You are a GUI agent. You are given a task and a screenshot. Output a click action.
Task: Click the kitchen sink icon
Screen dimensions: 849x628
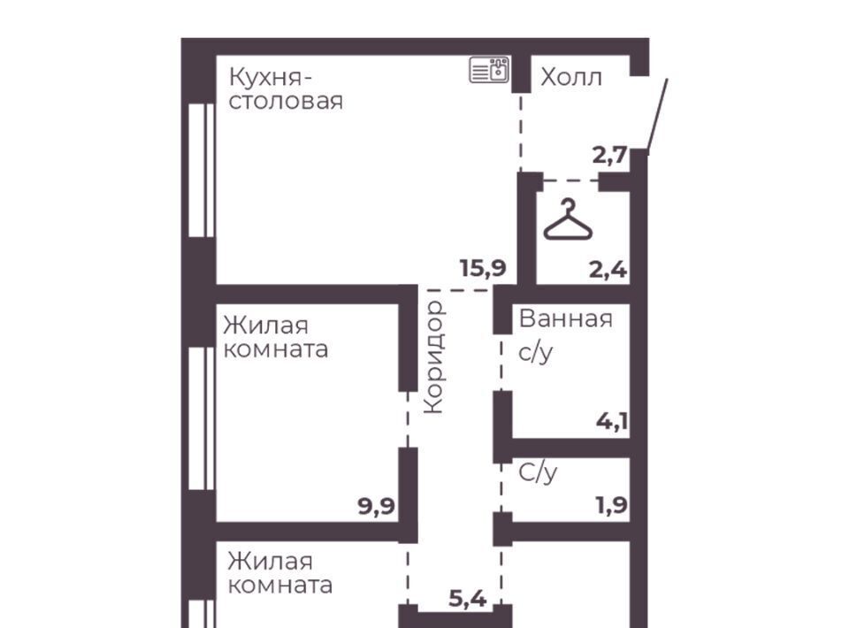[x=489, y=70]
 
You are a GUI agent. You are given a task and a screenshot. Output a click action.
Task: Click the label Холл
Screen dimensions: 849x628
[x=571, y=78]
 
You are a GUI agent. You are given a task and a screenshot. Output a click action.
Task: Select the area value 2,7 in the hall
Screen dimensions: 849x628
[x=609, y=156]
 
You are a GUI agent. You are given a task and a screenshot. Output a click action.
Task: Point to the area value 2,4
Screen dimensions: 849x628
[x=608, y=269]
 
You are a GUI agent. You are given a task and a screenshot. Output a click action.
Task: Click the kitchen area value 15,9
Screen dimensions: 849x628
[x=483, y=268]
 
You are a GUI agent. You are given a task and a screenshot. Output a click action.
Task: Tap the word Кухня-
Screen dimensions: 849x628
[x=271, y=78]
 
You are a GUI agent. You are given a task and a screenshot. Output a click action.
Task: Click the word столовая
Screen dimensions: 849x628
[x=286, y=101]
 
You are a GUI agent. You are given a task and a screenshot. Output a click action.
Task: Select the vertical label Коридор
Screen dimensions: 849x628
[x=434, y=357]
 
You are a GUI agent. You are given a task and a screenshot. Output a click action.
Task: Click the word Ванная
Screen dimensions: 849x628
[x=566, y=319]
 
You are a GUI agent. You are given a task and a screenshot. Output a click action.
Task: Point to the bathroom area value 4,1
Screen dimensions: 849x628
[x=612, y=421]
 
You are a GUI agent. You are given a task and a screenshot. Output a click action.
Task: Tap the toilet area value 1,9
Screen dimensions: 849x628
[x=611, y=506]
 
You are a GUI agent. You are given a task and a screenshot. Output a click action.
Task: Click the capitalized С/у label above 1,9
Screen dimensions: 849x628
[x=538, y=472]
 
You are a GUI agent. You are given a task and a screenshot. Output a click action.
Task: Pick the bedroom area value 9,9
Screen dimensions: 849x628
[x=377, y=507]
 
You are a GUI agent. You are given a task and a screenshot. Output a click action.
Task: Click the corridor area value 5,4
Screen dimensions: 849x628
[x=468, y=600]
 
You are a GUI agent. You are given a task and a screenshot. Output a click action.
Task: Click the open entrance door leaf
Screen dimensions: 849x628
[x=657, y=114]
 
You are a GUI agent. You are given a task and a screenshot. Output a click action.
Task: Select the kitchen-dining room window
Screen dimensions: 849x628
[x=202, y=170]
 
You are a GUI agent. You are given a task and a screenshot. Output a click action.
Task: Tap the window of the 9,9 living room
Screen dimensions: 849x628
[x=202, y=418]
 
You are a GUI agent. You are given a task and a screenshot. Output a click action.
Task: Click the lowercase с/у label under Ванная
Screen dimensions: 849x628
[x=536, y=353]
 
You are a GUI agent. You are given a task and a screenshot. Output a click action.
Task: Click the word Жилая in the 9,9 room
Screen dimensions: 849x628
[x=266, y=325]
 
